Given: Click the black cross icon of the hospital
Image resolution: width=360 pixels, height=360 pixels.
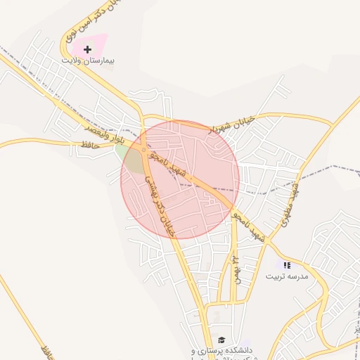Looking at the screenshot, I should coord(87,49).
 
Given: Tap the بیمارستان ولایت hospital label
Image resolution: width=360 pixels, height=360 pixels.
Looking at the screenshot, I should coord(87,62).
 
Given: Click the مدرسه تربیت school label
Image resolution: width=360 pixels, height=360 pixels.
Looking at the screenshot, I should coord(286,276).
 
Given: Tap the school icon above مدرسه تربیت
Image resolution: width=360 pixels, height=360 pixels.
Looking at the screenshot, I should coord(286,265).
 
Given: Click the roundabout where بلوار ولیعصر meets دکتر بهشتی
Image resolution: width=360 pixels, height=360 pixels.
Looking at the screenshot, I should coord(144,150).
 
